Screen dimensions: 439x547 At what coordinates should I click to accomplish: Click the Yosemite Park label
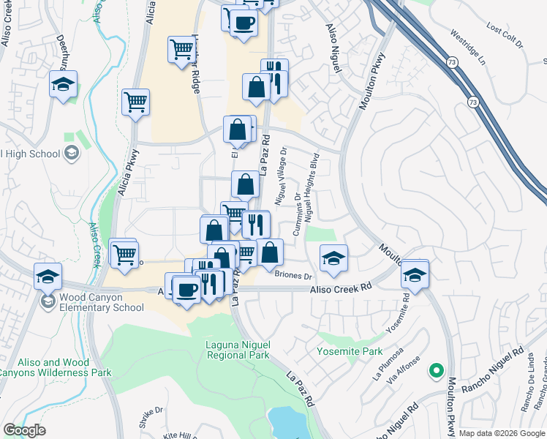point(350,351)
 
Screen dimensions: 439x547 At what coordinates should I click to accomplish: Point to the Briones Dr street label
point(293,276)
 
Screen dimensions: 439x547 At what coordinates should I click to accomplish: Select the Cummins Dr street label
point(298,214)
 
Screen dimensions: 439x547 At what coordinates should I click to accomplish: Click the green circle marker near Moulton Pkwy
point(436,371)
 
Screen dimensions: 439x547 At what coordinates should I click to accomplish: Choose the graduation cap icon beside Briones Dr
point(333,258)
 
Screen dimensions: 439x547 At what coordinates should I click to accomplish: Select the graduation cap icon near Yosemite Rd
point(415,275)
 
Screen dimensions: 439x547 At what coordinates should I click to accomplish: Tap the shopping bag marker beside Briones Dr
point(270,252)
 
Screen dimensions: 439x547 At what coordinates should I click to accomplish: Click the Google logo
point(24,430)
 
